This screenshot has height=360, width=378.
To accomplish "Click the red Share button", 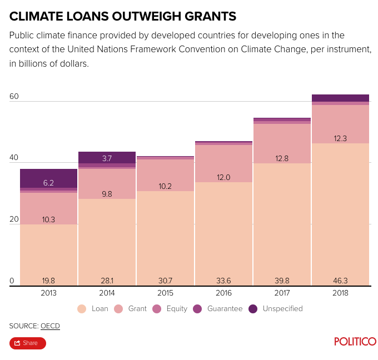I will pos(27,343).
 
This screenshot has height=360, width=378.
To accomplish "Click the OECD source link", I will pos(50,326).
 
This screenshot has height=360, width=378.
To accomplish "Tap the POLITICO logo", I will pos(355,342).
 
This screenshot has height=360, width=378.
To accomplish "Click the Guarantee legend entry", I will pos(218,308).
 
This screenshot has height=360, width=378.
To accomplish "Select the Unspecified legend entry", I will pos(275,308).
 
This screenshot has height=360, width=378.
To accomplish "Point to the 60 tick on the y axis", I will pos(14,97).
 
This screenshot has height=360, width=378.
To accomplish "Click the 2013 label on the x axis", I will pos(48,293).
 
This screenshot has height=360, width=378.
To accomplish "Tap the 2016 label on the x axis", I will pos(223,293).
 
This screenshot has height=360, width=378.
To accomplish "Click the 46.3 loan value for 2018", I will pos(340,281).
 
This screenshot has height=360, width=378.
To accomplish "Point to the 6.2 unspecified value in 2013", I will pos(48,183).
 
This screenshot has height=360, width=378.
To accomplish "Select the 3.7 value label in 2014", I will pos(107,158).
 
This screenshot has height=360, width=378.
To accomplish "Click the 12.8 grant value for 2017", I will pos(282,159).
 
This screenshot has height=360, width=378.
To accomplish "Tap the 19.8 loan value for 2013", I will pos(48,281).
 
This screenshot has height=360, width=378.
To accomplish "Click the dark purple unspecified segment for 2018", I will pos(340,98).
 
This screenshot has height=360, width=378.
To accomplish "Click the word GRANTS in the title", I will pos(202,16).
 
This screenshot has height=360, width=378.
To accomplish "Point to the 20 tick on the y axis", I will pos(14,219).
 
